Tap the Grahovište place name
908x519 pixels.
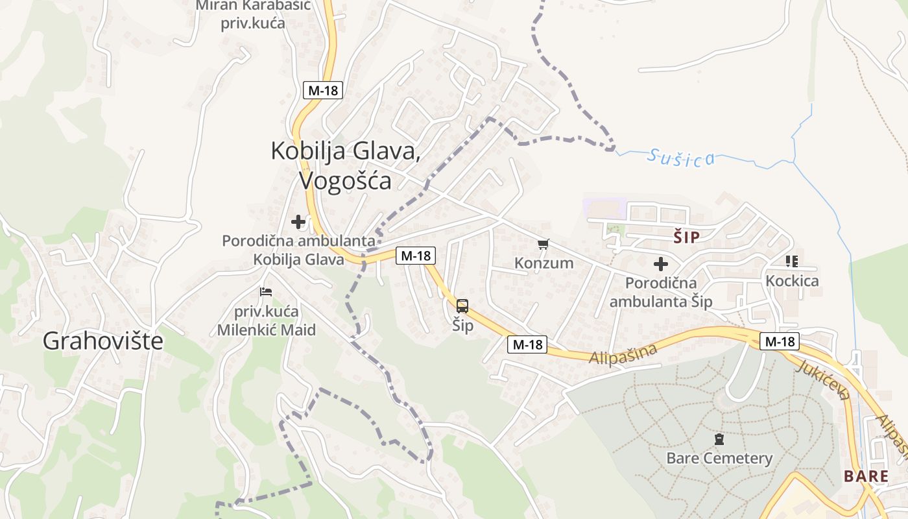[x=103, y=341]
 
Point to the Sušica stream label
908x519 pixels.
[x=681, y=158]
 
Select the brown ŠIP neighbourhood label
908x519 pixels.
[x=686, y=237]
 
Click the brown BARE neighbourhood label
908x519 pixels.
[x=866, y=476]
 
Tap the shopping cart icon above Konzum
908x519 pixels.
[x=544, y=245]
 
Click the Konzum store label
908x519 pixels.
[x=544, y=263]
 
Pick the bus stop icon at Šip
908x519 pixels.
[x=462, y=306]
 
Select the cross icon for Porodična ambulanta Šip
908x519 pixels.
[x=661, y=264]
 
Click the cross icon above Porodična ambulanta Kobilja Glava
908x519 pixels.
[x=298, y=223]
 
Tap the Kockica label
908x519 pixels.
[x=792, y=281]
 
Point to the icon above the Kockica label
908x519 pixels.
[x=791, y=261]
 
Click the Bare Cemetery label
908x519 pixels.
[x=719, y=459]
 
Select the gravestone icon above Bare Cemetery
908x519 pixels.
[x=719, y=440]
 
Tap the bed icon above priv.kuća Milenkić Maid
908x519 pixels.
[x=265, y=293]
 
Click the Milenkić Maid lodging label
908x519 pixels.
[x=266, y=320]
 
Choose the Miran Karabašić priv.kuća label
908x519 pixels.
[x=253, y=14]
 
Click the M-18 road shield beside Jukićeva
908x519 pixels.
[x=780, y=341]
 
